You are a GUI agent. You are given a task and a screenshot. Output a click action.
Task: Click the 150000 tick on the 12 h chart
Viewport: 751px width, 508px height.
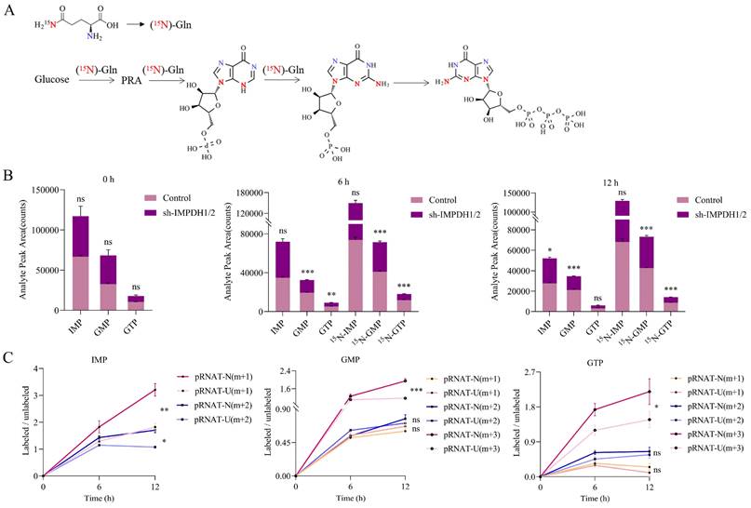click(516, 193)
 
